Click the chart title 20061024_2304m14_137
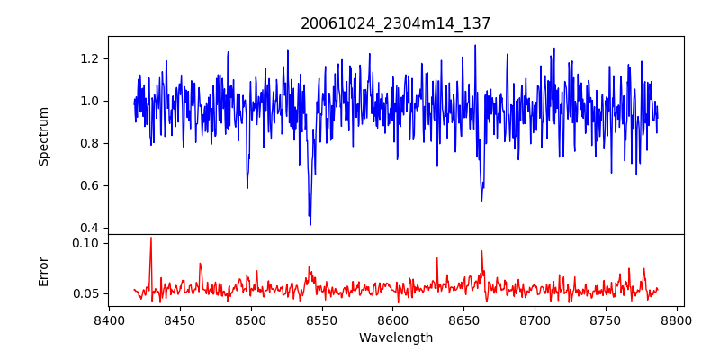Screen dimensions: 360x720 396,23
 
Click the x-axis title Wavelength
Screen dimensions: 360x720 396,337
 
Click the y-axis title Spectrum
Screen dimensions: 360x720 43,135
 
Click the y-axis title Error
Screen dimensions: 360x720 43,270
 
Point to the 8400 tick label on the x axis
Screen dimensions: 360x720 109,319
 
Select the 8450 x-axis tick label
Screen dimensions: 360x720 180,319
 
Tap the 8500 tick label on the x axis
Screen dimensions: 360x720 251,319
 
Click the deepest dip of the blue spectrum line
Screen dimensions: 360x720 310,224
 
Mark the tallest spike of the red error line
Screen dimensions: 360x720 150,238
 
